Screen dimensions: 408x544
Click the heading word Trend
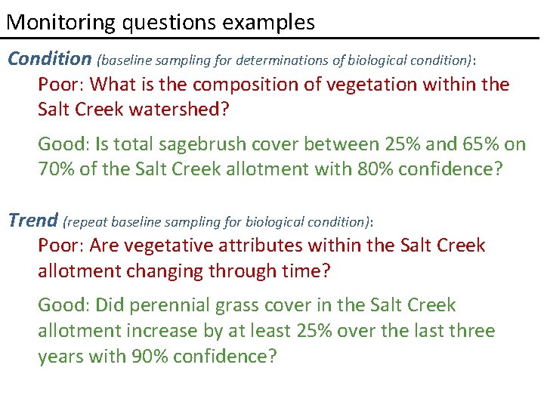tap(32, 221)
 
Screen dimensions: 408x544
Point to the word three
tap(472, 331)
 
